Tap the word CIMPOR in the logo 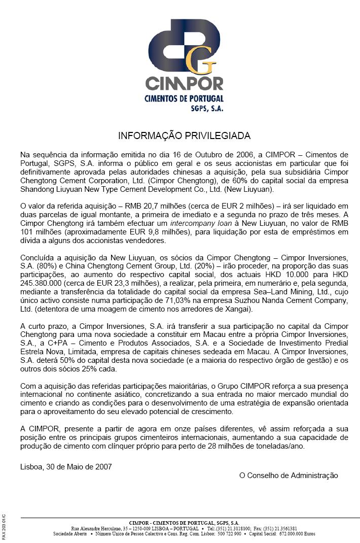[184, 83]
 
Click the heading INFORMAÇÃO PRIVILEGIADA [184, 136]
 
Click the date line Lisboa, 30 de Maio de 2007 [66, 466]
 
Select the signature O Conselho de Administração [288, 476]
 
